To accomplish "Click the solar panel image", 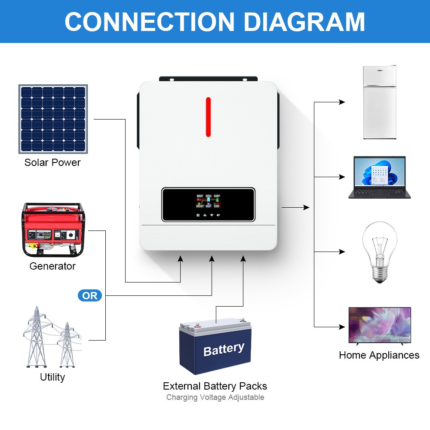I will click(x=53, y=119).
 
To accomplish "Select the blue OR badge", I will click(x=90, y=296).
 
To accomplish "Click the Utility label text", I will click(x=52, y=377).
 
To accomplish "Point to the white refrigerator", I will click(x=379, y=102).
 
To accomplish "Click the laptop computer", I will click(x=379, y=177).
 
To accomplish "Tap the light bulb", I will click(x=379, y=251).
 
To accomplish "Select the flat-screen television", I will click(x=379, y=325).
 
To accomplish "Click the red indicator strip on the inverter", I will click(x=208, y=117).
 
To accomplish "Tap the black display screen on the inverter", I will click(x=208, y=205).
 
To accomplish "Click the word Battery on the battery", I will click(x=224, y=349).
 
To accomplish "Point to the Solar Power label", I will click(x=52, y=163).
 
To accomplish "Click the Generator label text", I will click(x=52, y=266).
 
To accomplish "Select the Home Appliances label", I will click(x=379, y=355).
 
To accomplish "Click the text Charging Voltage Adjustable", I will click(x=215, y=397).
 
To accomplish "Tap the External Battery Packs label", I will click(x=215, y=386).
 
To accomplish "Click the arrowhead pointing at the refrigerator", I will click(x=342, y=102).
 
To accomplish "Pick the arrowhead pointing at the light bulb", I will click(x=342, y=252).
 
